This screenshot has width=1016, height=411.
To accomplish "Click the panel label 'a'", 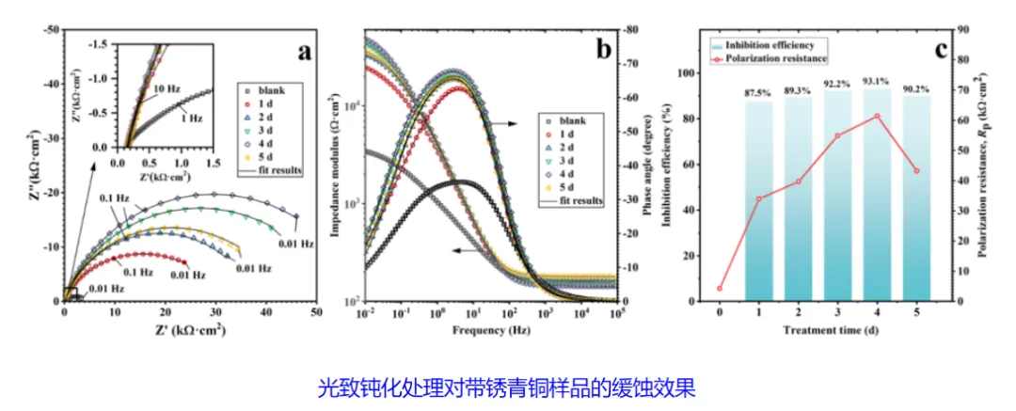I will point(304,52).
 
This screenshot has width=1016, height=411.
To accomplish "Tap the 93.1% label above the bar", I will point(877,82).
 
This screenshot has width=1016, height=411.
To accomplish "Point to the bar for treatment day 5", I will point(916,198).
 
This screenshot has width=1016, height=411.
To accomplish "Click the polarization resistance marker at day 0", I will point(720,289).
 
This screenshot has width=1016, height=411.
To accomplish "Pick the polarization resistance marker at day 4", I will point(877,116).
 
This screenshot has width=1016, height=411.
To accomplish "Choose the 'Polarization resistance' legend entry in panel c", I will point(777,57).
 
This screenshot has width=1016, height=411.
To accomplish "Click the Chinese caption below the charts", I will point(508,386).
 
